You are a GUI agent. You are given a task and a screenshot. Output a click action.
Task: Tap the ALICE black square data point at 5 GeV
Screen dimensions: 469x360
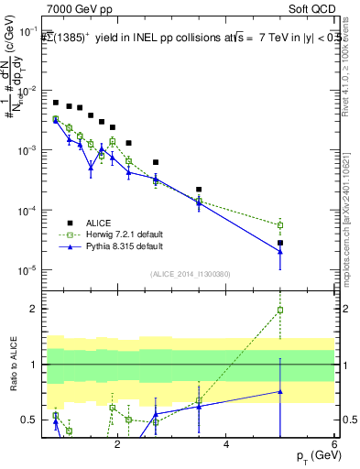coord(280,243)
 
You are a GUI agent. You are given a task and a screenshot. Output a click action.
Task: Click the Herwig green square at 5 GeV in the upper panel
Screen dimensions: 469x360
coord(280,225)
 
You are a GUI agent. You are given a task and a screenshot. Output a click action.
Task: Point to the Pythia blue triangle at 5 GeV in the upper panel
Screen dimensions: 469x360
coord(280,252)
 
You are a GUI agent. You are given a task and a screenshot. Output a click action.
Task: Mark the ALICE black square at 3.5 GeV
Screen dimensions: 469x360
coord(199,190)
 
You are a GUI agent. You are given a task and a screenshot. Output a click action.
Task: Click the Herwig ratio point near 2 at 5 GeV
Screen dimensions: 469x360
coord(280,311)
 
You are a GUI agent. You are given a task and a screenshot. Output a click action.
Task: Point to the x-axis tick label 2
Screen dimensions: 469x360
coord(117,443)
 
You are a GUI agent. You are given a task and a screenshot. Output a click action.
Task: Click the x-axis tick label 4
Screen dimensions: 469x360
coord(226,443)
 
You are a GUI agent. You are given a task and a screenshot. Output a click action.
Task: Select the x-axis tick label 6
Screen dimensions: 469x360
coord(334,443)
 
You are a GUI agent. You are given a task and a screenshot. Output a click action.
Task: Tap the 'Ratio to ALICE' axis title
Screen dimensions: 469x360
coord(11,365)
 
